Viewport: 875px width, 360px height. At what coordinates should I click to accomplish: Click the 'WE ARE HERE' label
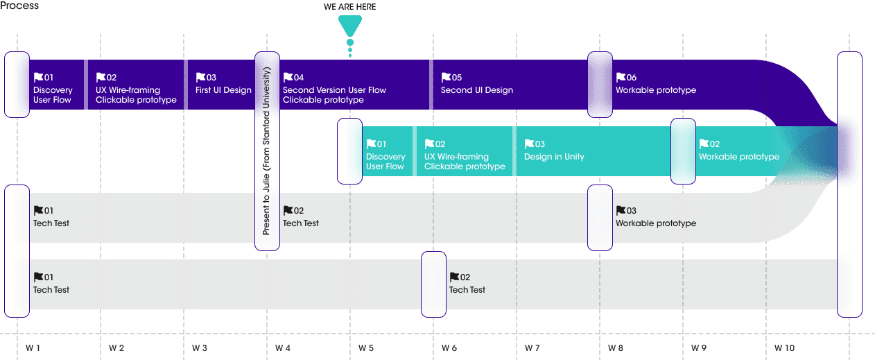click(349, 7)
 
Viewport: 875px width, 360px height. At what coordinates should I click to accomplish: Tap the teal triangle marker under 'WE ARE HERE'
click(350, 26)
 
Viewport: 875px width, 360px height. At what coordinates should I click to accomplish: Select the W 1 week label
click(33, 348)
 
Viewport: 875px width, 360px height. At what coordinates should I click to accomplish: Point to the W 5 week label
click(366, 348)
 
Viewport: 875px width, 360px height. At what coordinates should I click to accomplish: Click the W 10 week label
click(784, 348)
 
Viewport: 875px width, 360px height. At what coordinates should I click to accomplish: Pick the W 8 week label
click(616, 348)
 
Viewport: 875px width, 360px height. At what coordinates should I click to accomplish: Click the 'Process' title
click(19, 6)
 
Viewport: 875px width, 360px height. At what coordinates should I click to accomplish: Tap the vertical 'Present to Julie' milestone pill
click(267, 151)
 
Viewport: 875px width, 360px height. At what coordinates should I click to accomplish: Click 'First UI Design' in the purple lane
click(223, 90)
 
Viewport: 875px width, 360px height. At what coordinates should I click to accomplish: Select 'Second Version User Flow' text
click(334, 90)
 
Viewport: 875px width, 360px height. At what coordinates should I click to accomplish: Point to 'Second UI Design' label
click(477, 90)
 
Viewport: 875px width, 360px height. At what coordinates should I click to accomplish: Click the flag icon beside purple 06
click(621, 78)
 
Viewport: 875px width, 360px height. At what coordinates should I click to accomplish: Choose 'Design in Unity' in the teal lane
click(554, 157)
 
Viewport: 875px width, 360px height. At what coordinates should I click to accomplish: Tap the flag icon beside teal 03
click(529, 144)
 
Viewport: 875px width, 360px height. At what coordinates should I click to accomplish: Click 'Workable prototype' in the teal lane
click(739, 157)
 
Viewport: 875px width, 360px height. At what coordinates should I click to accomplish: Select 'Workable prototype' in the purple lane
click(656, 90)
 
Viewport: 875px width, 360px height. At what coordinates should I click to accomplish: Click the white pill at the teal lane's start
click(349, 151)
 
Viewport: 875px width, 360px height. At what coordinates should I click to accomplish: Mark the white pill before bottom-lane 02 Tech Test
click(433, 284)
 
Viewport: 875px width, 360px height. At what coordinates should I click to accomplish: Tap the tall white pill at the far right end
click(849, 184)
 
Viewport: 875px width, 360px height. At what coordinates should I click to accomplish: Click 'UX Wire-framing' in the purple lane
click(128, 90)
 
